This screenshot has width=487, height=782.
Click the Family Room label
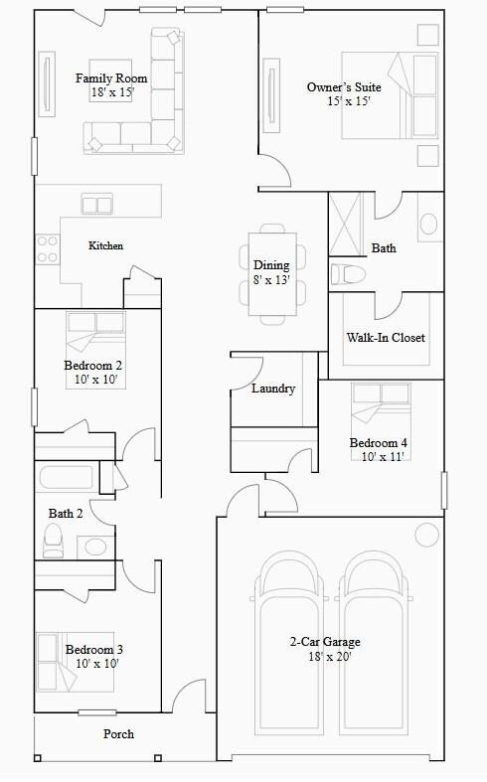click(111, 78)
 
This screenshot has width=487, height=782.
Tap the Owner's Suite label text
click(344, 87)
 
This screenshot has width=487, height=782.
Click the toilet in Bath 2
click(54, 541)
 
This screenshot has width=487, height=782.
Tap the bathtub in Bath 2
click(67, 478)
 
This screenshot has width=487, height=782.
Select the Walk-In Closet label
click(385, 338)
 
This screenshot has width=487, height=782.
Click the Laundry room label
click(272, 389)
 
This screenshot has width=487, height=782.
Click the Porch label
click(118, 734)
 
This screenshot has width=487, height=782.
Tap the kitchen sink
click(97, 205)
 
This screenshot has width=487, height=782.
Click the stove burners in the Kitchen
click(47, 248)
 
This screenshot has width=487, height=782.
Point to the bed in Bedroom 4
click(381, 407)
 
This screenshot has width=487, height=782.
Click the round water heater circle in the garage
click(426, 535)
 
